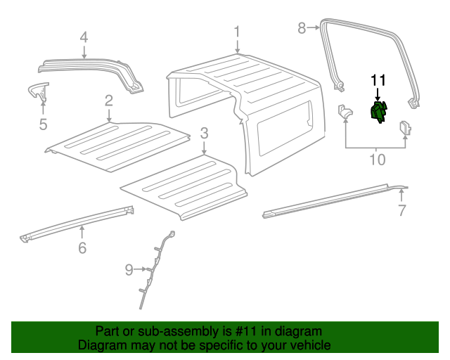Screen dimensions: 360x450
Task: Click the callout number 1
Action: pyautogui.click(x=237, y=32)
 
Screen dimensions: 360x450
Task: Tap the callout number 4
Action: pyautogui.click(x=84, y=37)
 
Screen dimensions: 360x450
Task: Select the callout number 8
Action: pyautogui.click(x=302, y=28)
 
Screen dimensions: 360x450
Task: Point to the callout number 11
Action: pyautogui.click(x=378, y=79)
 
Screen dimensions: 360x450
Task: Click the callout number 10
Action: pyautogui.click(x=378, y=160)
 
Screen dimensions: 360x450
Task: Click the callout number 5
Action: pyautogui.click(x=43, y=124)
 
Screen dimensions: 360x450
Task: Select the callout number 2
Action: pyautogui.click(x=109, y=100)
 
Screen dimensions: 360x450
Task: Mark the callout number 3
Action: pyautogui.click(x=204, y=133)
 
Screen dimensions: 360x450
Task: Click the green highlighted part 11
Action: pyautogui.click(x=378, y=112)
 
